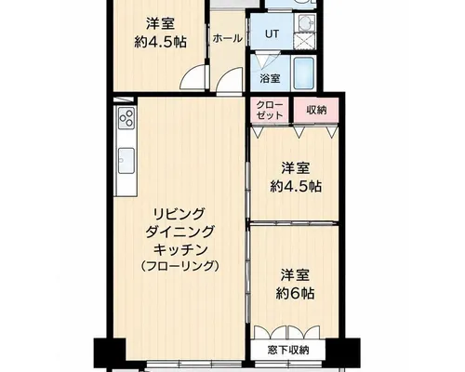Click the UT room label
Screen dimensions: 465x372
(272, 33)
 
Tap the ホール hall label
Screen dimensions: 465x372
(228, 39)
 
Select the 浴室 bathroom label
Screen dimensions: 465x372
(271, 78)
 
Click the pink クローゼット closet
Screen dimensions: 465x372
(270, 110)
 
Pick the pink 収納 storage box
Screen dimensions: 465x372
(316, 110)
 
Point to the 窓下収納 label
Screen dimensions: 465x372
(288, 351)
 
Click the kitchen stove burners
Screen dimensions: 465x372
(126, 118)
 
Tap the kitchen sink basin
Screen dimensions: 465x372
(126, 160)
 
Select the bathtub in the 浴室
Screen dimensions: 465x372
(304, 73)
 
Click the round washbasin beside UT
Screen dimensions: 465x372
(307, 22)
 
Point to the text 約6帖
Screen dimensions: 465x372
(295, 293)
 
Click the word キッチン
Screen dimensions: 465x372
(180, 250)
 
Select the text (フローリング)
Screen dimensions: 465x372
(180, 267)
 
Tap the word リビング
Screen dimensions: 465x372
(180, 213)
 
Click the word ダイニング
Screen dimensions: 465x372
(180, 232)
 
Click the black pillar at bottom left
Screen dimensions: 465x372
(110, 349)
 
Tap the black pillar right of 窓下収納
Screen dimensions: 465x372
(342, 349)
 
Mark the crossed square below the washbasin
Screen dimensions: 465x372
(304, 41)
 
